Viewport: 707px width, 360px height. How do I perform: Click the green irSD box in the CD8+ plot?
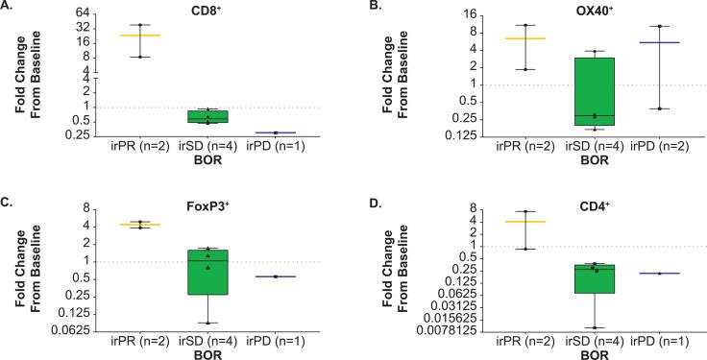click(207, 116)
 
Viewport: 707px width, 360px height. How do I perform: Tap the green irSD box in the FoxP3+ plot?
click(207, 272)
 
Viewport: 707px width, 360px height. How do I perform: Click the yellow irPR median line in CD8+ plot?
click(140, 35)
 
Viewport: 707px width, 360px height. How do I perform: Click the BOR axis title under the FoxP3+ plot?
click(207, 352)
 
